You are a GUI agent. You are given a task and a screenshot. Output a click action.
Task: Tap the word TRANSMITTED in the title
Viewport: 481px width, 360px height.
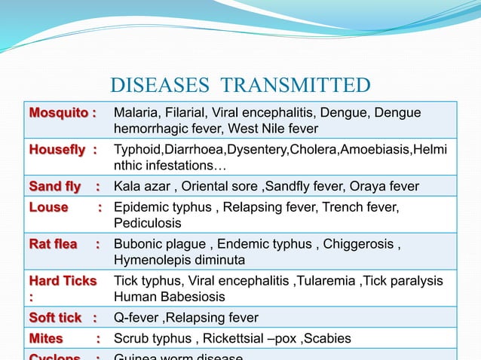point(290,85)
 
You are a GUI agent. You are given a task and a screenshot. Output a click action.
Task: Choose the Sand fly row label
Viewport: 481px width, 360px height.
point(53,186)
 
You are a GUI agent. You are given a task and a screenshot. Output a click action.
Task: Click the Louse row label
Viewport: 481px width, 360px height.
point(48,207)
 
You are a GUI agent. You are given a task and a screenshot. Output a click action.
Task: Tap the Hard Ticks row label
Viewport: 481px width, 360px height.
point(63,281)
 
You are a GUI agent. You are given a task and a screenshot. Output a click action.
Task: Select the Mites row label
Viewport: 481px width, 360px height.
point(46,339)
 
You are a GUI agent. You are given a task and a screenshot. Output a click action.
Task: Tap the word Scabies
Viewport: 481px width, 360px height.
point(329,339)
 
